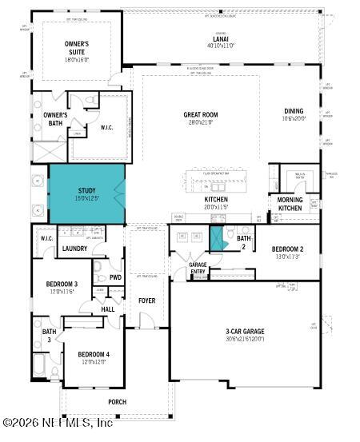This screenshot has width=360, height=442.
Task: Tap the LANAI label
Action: click(x=221, y=38)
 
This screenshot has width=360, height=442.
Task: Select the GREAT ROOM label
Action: click(x=200, y=115)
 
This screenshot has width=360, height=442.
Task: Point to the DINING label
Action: click(x=294, y=111)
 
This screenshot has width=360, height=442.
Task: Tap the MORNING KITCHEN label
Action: click(x=290, y=204)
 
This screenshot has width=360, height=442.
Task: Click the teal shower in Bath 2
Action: click(x=216, y=237)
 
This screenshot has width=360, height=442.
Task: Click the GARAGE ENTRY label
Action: click(x=198, y=268)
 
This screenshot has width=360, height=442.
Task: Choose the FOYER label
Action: click(x=146, y=301)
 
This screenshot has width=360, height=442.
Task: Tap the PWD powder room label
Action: click(x=115, y=277)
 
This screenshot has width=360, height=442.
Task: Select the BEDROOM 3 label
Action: click(x=62, y=285)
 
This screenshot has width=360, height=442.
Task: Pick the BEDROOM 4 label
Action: click(x=94, y=355)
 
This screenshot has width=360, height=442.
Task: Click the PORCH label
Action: click(x=118, y=402)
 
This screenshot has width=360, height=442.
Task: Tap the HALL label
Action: click(x=107, y=309)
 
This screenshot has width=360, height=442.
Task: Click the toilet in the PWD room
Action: click(x=98, y=268)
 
